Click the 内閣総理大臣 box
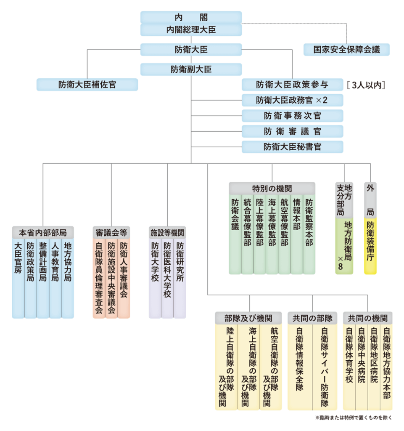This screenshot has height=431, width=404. pos(191,30)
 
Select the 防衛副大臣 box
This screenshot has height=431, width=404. pos(191,69)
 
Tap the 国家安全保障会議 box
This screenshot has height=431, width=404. pos(346,50)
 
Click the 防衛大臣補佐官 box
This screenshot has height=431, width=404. pos(87,85)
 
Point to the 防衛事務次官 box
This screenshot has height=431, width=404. pos(293,116)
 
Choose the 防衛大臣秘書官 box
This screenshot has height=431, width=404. pos(293,147)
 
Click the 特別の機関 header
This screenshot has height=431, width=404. pos(272,188)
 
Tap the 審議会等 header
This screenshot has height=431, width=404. pos(111,232)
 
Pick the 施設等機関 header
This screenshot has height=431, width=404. pos(167,232)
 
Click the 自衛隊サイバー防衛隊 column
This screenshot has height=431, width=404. pos(325,366)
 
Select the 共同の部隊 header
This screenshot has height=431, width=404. pos(312,318)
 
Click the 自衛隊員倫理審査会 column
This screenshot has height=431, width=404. pos(99,278)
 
